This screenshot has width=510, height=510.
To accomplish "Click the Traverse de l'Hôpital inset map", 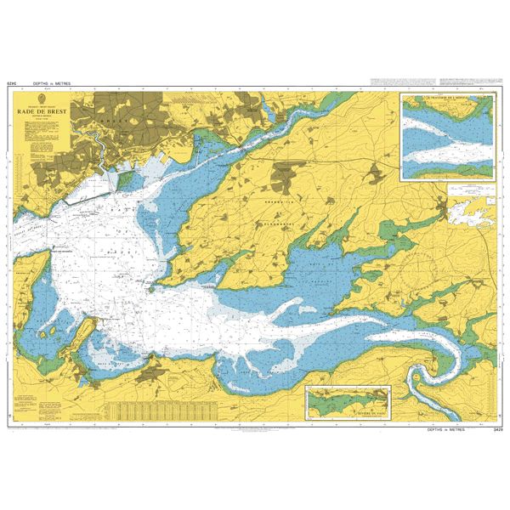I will (447, 136).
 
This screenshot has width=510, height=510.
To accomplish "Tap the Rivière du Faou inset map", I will (348, 401).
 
